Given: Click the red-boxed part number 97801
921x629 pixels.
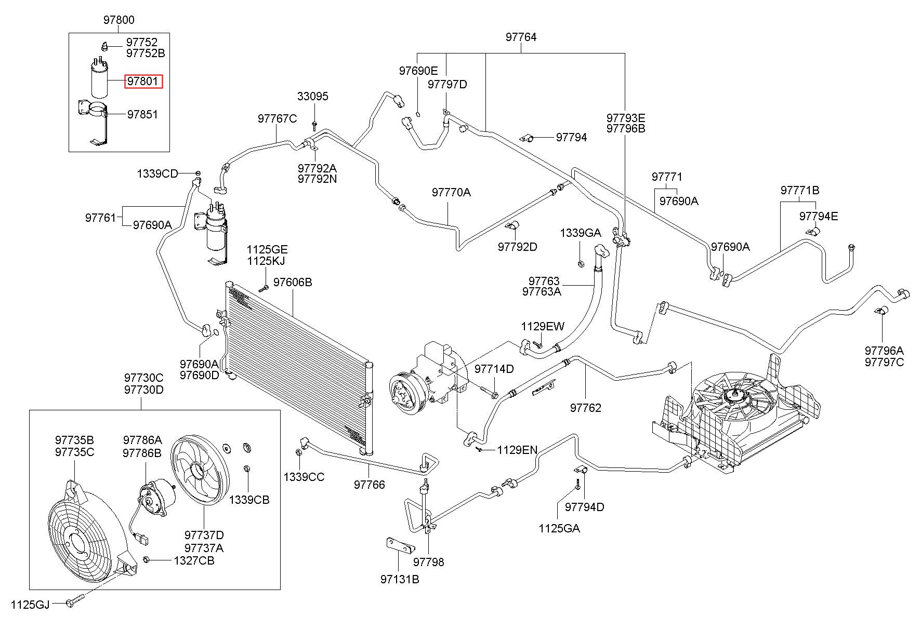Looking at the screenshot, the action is coord(143,82).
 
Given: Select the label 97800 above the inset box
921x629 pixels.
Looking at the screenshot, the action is coord(119,20).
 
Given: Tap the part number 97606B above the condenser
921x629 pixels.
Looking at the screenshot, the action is coord(293,282).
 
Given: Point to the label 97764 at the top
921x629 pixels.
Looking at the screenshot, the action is coord(521,37).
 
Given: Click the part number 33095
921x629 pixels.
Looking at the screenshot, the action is coord(313,97).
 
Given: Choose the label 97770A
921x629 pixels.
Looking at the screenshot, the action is coord(451,193).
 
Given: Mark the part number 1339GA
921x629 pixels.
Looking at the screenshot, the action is coord(580,233).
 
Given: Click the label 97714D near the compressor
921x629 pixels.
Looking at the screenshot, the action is coord(494,369).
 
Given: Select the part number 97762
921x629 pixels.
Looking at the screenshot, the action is coord(585,408).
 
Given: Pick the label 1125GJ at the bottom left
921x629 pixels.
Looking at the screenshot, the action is coord(30,604).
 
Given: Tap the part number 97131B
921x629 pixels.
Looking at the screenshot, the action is coord(399,579).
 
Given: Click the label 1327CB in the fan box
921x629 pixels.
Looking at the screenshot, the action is coord(194,560).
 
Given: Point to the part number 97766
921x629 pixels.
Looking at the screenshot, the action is coord(370,485).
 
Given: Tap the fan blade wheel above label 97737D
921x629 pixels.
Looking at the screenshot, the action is coord(200,471).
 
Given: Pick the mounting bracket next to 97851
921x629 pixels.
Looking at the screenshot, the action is coord(96,122).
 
